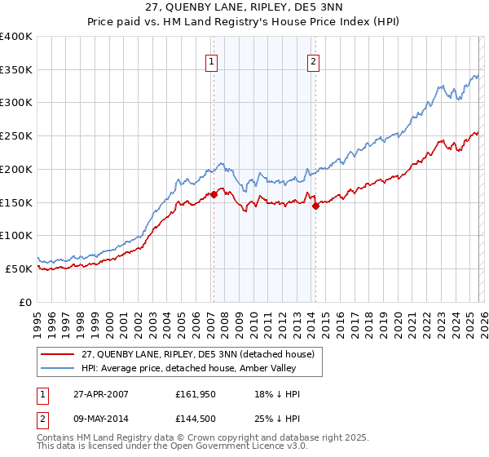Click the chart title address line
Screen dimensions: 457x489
[244, 8]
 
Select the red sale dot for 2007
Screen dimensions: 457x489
[214, 194]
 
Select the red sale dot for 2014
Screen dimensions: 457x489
[315, 206]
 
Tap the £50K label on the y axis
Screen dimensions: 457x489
[18, 268]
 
